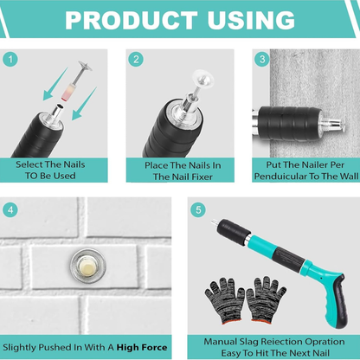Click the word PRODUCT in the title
pos(132,20)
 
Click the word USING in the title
pos(251,20)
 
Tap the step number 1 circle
pos(10,60)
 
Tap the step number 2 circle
pos(136,60)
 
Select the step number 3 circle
pos(262,59)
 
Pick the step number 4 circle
pos(10,209)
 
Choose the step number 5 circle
pos(198,209)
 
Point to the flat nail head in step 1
pos(85,66)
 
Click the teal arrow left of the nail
pos(55,84)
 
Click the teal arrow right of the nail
pos(84,104)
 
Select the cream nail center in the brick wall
pos(88,266)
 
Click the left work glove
pos(224,300)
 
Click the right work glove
pos(266,300)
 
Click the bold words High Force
pos(142,347)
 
